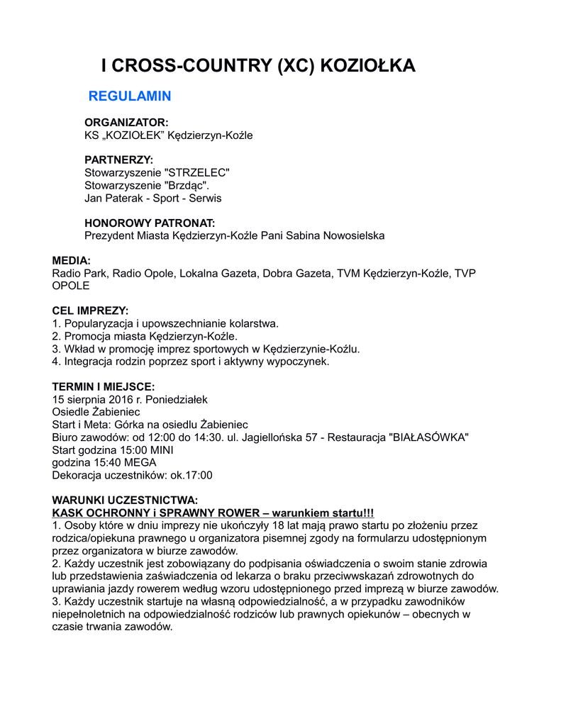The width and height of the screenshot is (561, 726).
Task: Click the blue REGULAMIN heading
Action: pos(129,96)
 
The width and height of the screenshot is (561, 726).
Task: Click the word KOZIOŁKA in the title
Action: pos(368,66)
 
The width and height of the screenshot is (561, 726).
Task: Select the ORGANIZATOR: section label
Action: pos(126,123)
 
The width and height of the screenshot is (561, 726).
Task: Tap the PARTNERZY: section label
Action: pos(118,160)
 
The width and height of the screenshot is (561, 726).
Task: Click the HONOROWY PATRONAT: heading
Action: pos(150,223)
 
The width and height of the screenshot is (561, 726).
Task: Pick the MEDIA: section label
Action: pos(71,261)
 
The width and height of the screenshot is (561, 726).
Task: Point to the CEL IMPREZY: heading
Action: pos(91,311)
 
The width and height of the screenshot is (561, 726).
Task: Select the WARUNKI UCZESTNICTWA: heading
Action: pos(124,501)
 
